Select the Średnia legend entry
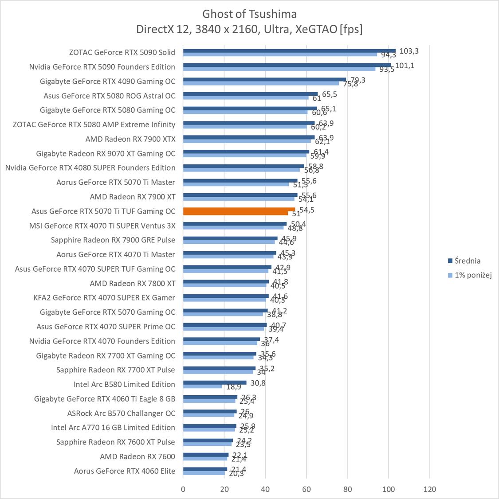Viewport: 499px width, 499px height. [468, 261]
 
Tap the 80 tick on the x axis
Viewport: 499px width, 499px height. [348, 489]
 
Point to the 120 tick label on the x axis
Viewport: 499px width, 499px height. [430, 489]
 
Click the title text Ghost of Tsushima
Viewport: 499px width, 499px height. [249, 14]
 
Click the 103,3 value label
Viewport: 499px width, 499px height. [409, 51]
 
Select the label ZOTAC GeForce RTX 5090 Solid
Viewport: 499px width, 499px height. [122, 52]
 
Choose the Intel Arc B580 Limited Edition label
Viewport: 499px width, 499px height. [124, 384]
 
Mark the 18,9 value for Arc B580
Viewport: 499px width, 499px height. [234, 387]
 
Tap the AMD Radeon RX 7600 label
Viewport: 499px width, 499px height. [138, 456]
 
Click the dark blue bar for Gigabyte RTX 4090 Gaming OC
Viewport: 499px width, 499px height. [264, 79]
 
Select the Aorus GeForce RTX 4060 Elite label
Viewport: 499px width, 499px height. [125, 471]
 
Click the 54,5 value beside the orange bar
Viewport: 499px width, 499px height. [307, 210]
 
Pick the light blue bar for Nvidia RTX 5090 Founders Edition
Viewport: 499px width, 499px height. [279, 69]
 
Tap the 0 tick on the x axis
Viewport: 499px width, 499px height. [183, 489]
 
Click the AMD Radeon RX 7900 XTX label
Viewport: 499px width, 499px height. [130, 139]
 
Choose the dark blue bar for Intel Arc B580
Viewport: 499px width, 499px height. [215, 382]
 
